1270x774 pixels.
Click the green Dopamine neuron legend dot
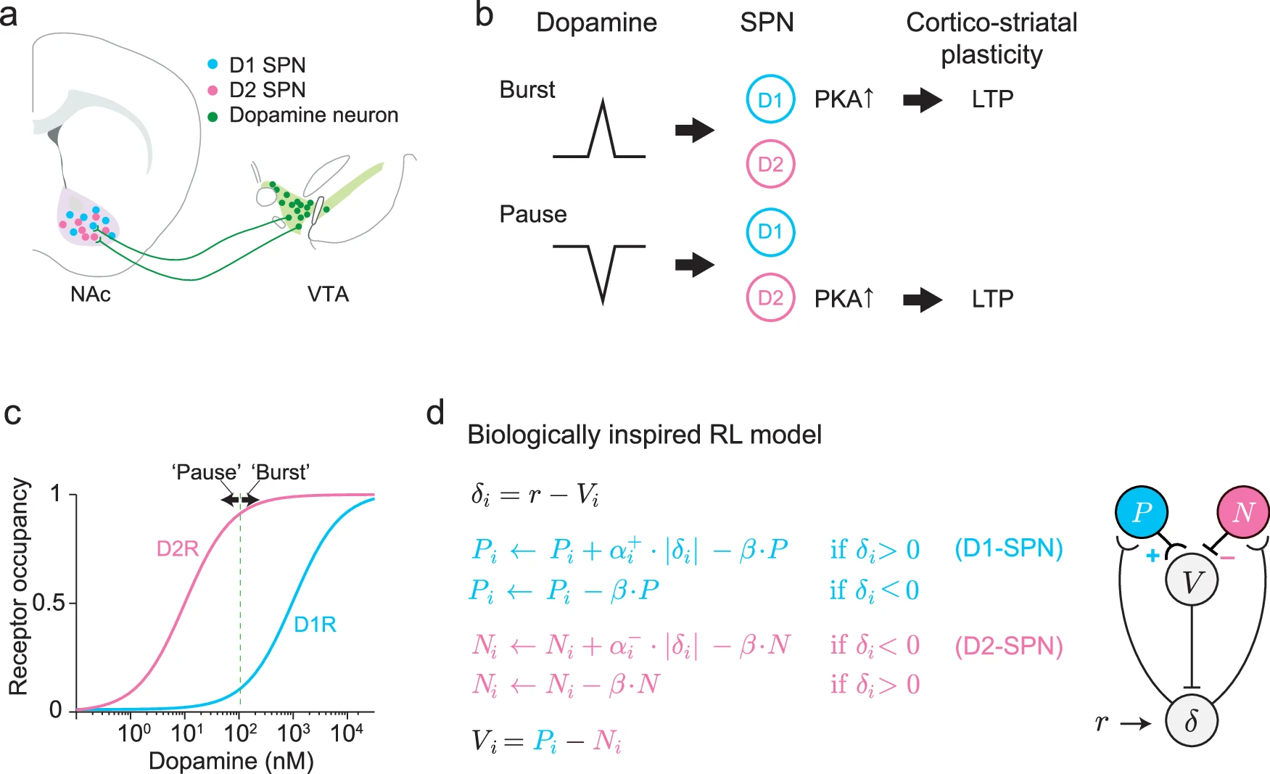click(213, 116)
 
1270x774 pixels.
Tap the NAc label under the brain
click(91, 294)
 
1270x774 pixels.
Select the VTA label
click(328, 294)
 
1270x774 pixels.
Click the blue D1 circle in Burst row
click(770, 99)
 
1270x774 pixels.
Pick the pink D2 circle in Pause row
click(770, 297)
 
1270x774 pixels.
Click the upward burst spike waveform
click(601, 131)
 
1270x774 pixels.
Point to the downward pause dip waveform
click(601, 272)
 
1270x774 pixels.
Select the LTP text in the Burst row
click(992, 99)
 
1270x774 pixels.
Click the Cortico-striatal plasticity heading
click(991, 38)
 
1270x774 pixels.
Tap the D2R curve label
click(178, 548)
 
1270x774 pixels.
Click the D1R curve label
click(315, 624)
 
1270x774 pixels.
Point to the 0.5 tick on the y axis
click(49, 603)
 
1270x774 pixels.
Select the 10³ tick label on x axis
click(293, 733)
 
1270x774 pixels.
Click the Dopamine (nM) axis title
click(231, 761)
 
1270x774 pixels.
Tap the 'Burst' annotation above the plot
click(281, 472)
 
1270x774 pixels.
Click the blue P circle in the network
click(1142, 512)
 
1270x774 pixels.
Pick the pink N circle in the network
click(1243, 512)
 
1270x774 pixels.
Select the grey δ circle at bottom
click(1191, 720)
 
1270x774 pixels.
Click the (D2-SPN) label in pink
click(1009, 646)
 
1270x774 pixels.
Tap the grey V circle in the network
click(1191, 580)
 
